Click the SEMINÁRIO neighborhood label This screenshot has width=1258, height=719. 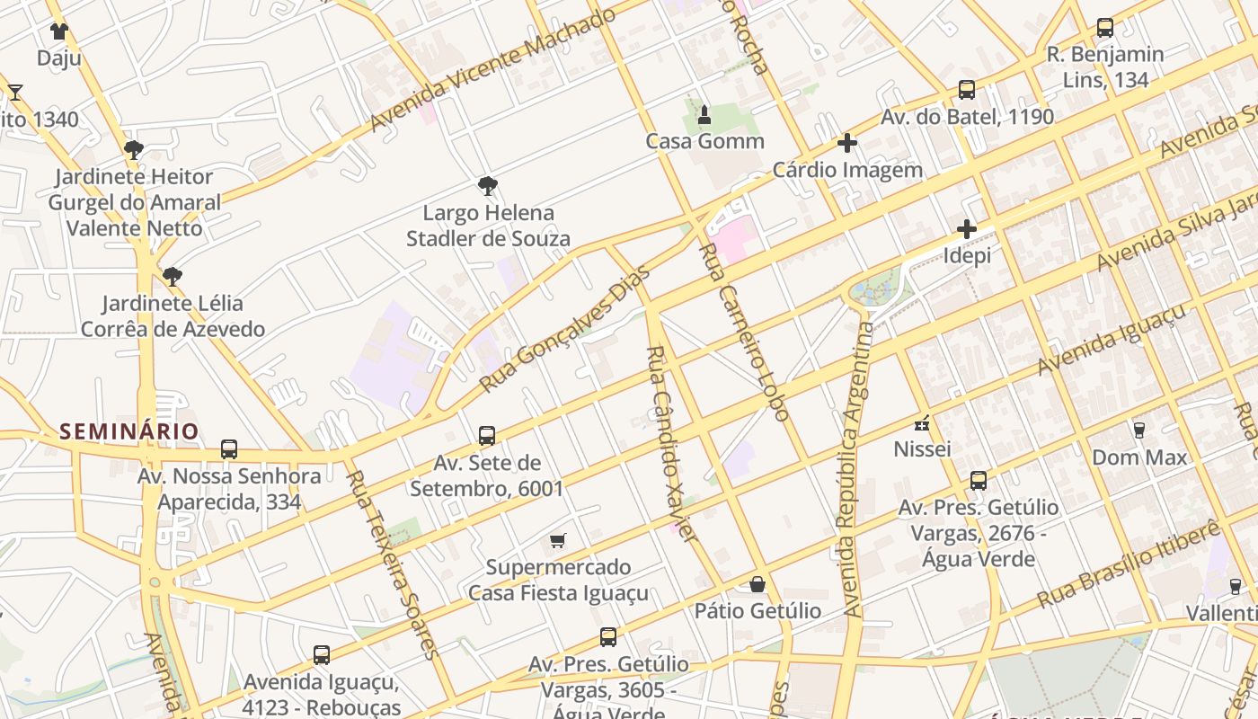point(128,431)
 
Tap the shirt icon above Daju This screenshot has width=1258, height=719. point(59,32)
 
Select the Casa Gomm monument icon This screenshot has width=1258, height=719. point(704,115)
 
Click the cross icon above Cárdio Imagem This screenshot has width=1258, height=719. point(846,143)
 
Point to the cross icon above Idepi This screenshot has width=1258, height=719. point(967,229)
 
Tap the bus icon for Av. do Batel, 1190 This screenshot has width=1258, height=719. point(967,90)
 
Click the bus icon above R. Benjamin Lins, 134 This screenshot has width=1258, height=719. point(1105,28)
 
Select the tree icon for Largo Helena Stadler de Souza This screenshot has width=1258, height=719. point(488,187)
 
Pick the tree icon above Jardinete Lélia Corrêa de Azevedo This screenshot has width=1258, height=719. point(173,276)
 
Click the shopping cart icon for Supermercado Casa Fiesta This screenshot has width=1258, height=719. point(558,541)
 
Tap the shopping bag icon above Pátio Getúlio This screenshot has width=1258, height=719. point(757,585)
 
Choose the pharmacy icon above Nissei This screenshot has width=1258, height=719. point(922,422)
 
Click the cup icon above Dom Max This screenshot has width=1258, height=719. point(1139,431)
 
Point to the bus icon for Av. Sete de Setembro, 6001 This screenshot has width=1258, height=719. point(487,436)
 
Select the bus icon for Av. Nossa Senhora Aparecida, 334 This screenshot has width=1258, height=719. point(229,449)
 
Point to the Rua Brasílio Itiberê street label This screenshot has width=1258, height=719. point(1129,564)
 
